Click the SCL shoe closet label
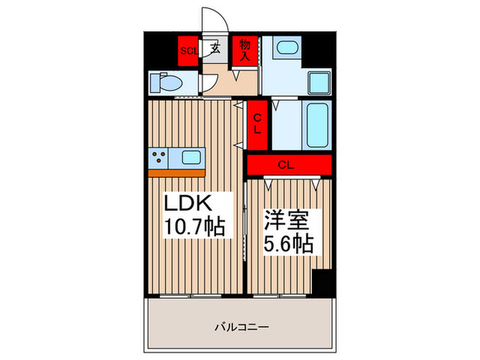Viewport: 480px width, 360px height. point(189,50)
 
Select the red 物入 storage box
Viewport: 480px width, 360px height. point(244,49)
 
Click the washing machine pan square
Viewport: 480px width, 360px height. point(319,84)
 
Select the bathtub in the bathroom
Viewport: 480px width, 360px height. point(317,125)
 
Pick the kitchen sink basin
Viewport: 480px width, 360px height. point(190,157)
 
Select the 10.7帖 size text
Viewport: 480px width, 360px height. point(195,226)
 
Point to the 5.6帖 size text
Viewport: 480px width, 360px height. point(289,244)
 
